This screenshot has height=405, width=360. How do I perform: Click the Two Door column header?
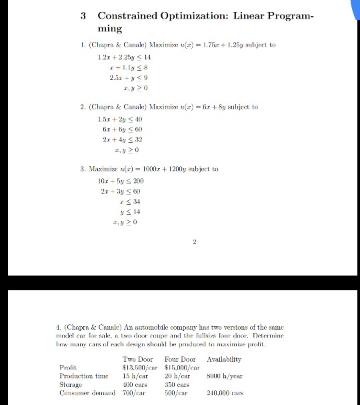pyautogui.click(x=138, y=359)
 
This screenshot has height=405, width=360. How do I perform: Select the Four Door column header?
pyautogui.click(x=179, y=359)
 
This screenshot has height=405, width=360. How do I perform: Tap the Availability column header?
pyautogui.click(x=225, y=359)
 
